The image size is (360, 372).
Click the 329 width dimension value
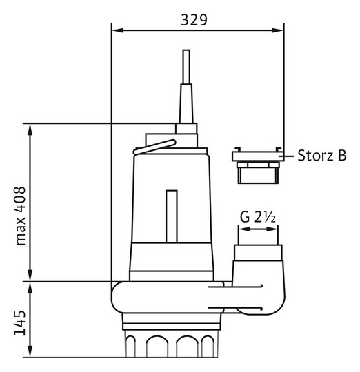coord(194,20)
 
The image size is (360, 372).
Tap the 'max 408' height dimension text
coord(21,216)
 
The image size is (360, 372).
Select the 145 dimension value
coord(20,323)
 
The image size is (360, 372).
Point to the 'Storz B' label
coord(322,156)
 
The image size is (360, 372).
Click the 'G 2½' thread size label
coord(258,217)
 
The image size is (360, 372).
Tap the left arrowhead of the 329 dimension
coord(118,30)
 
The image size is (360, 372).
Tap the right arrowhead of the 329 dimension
coord(277,30)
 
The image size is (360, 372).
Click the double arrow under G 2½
coord(258,229)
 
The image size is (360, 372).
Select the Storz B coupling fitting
coord(258,165)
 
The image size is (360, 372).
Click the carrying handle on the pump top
coord(154,147)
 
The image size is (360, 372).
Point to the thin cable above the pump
coord(186,67)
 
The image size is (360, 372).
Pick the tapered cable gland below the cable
coord(186,103)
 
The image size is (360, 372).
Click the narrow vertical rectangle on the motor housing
coord(172,216)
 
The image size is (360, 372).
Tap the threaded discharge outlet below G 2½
coord(258,253)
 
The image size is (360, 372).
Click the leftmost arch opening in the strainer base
coord(130,346)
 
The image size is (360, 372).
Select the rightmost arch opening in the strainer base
coord(208,346)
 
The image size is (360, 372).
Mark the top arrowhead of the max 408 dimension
coord(30,130)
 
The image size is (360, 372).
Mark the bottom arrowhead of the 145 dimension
coord(30,351)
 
